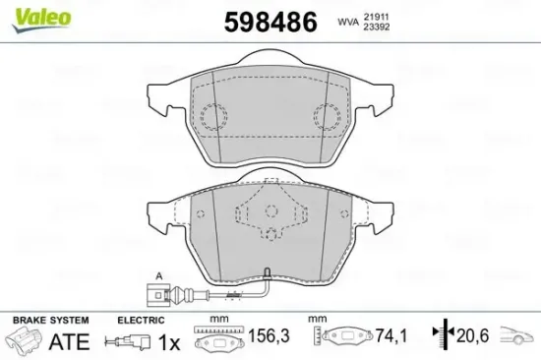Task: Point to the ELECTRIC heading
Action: (x=140, y=321)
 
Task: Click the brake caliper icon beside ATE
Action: (x=25, y=343)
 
